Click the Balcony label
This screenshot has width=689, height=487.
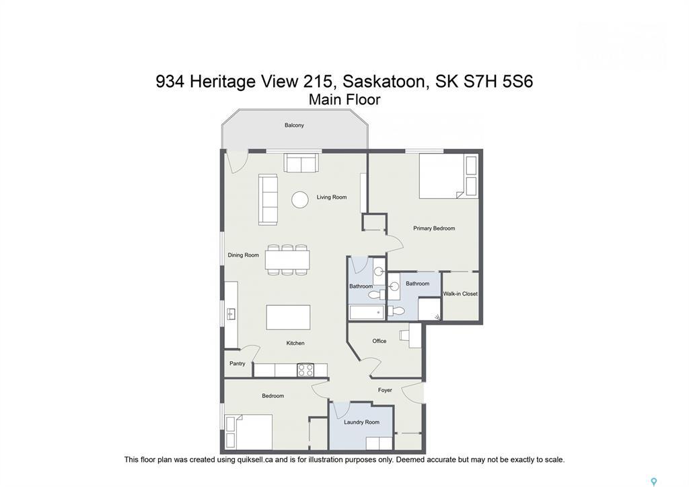pyautogui.click(x=294, y=125)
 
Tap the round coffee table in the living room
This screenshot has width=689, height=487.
pyautogui.click(x=300, y=199)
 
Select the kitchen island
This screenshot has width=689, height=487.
pyautogui.click(x=288, y=317)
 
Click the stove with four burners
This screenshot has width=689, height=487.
pyautogui.click(x=305, y=370)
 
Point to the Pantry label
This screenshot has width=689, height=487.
pyautogui.click(x=237, y=364)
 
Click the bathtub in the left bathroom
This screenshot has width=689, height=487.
pyautogui.click(x=367, y=312)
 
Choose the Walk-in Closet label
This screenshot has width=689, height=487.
pyautogui.click(x=460, y=294)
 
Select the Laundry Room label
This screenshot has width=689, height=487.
pyautogui.click(x=361, y=422)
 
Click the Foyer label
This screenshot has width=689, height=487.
pyautogui.click(x=385, y=390)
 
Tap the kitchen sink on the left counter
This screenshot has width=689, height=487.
pyautogui.click(x=231, y=313)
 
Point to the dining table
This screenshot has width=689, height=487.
pyautogui.click(x=287, y=259)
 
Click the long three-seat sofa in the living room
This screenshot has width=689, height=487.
pyautogui.click(x=268, y=199)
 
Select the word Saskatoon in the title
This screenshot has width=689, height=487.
pyautogui.click(x=386, y=82)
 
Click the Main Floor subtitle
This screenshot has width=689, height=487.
pyautogui.click(x=344, y=100)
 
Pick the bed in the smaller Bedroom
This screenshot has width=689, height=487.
pyautogui.click(x=249, y=432)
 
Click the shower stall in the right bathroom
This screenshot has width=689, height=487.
pyautogui.click(x=429, y=309)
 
